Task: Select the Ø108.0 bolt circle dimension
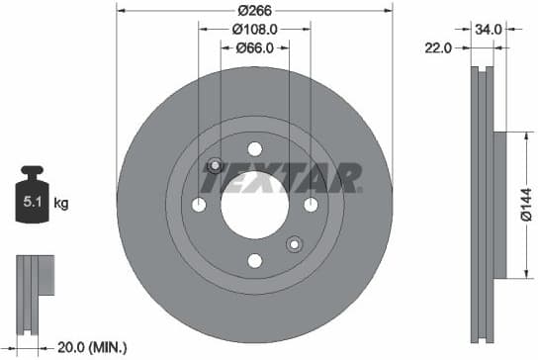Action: click(x=254, y=30)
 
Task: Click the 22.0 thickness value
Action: click(x=439, y=46)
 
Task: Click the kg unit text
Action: click(x=61, y=205)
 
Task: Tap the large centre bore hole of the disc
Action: click(x=254, y=205)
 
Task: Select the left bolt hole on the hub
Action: click(x=199, y=205)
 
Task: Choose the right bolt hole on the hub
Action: click(x=311, y=205)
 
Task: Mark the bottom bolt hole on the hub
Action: click(x=254, y=261)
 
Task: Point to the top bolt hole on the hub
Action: click(x=254, y=149)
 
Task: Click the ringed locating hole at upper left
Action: click(x=215, y=165)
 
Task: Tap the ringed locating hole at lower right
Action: click(x=294, y=244)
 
